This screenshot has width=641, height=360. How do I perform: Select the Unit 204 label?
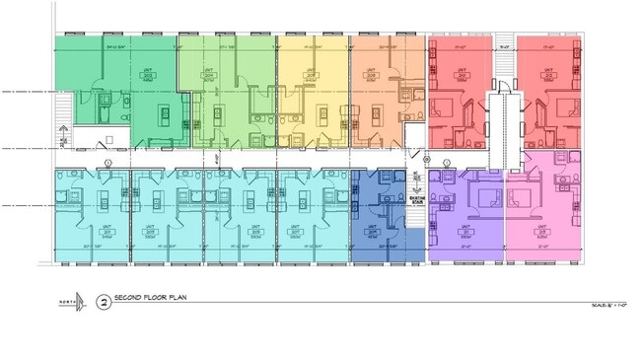pyautogui.click(x=209, y=75)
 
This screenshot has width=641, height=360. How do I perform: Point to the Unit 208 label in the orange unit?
pyautogui.click(x=371, y=75)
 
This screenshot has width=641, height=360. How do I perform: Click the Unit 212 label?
pyautogui.click(x=550, y=75)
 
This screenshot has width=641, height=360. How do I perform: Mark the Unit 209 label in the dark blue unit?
pyautogui.click(x=376, y=232)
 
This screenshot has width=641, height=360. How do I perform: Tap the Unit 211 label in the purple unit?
pyautogui.click(x=465, y=232)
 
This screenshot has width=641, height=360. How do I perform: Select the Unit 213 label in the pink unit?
pyautogui.click(x=542, y=232)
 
